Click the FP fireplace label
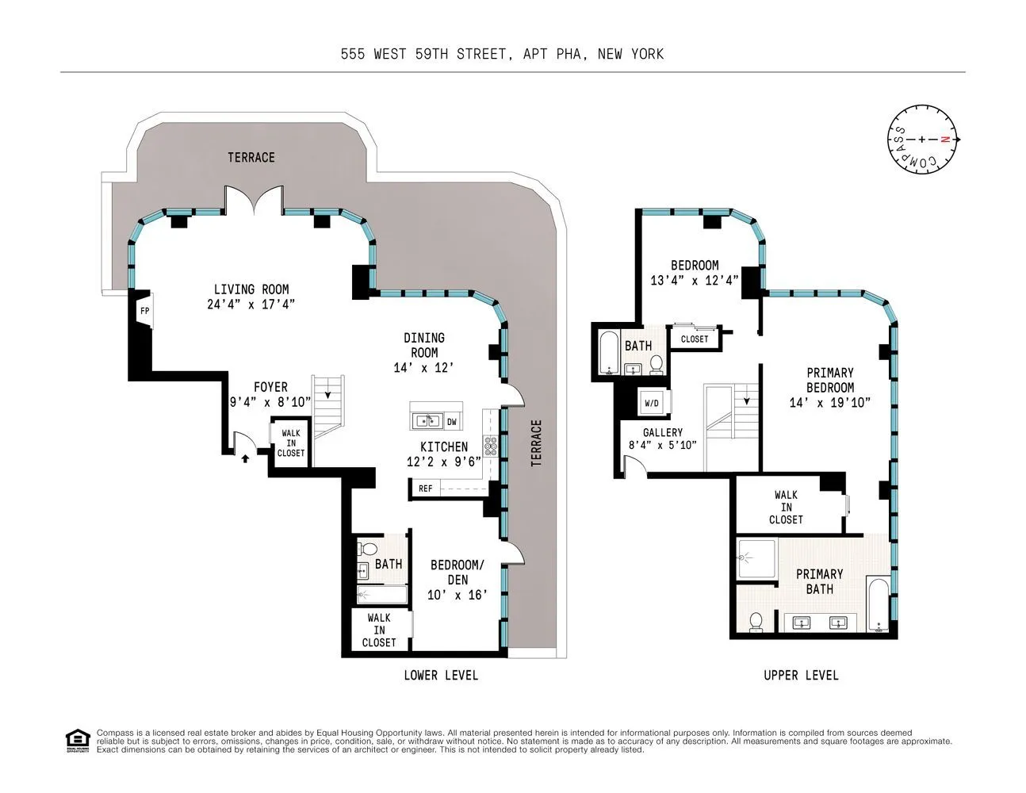click(144, 311)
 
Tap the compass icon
click(922, 139)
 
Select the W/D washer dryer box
click(652, 403)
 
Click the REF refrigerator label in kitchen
click(426, 488)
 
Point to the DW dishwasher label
click(451, 421)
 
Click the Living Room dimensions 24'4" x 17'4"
click(251, 304)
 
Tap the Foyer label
click(270, 387)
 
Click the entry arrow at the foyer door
click(244, 457)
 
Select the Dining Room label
click(424, 345)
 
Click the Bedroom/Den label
click(457, 572)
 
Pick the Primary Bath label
click(819, 581)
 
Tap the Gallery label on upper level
click(663, 432)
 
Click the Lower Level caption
click(441, 675)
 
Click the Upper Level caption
click(801, 675)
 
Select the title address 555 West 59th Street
click(502, 54)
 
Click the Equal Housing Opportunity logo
click(77, 740)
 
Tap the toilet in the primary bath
click(756, 622)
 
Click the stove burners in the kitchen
click(492, 446)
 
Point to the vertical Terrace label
click(536, 442)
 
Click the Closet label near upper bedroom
click(695, 339)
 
